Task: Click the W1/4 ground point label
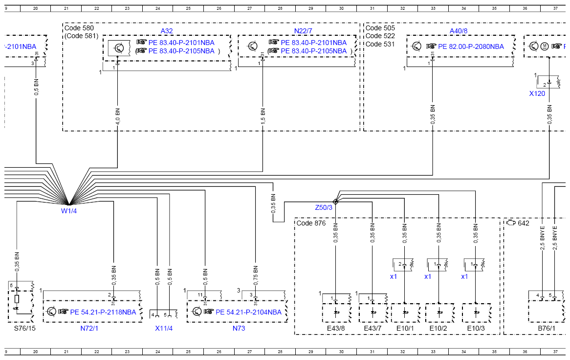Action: click(x=69, y=211)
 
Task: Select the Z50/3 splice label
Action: click(x=324, y=208)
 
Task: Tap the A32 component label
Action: click(x=167, y=31)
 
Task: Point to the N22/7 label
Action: click(x=303, y=31)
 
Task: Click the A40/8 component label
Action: click(x=459, y=31)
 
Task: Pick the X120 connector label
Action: click(x=537, y=93)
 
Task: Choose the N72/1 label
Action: click(x=89, y=328)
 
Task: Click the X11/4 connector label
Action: click(x=164, y=328)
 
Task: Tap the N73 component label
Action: click(x=239, y=328)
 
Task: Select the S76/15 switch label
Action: click(x=25, y=328)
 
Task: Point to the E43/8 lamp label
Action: click(x=335, y=328)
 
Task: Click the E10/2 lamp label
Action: click(x=438, y=328)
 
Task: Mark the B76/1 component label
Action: click(x=547, y=328)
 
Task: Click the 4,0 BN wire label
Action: click(x=117, y=116)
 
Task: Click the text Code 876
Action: click(x=311, y=223)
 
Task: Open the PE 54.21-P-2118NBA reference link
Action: click(x=103, y=312)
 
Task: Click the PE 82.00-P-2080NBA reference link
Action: click(x=471, y=46)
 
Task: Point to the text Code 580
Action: click(x=79, y=28)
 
